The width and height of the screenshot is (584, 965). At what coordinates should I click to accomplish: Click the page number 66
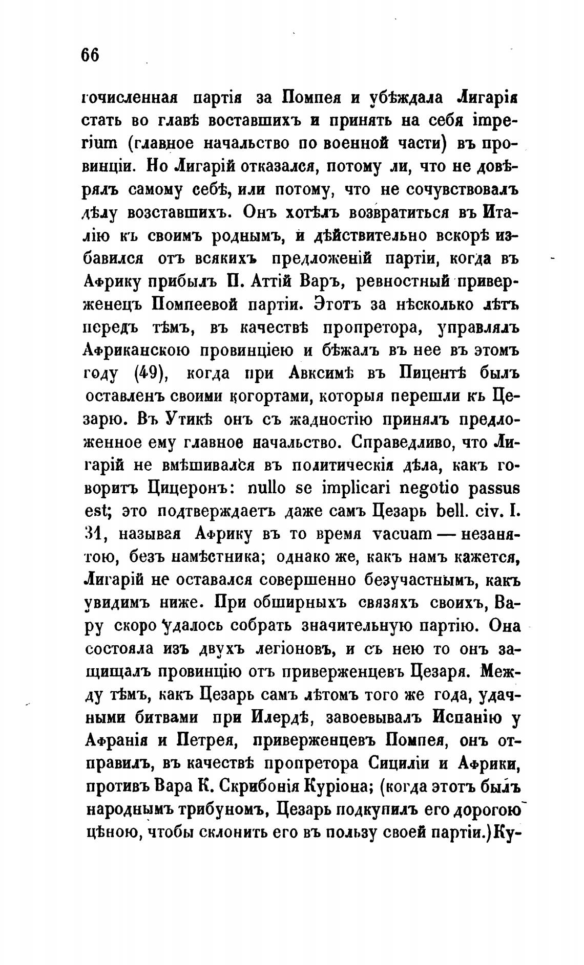click(89, 55)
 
